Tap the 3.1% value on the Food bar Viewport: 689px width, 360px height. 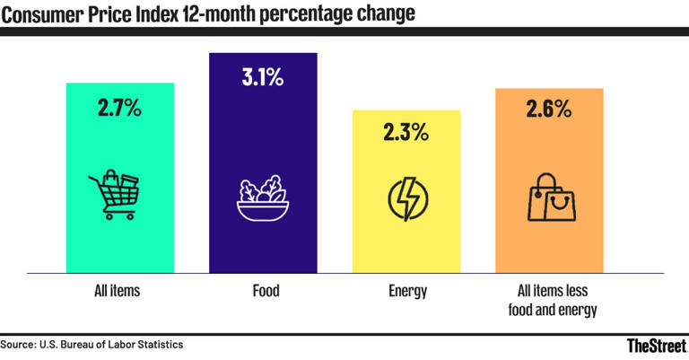point(262,77)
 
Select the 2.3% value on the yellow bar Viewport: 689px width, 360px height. point(406,136)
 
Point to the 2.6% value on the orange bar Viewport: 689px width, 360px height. point(549,110)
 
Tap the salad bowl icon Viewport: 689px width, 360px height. point(262,198)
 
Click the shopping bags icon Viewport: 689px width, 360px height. point(551,197)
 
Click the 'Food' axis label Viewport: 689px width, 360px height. point(263,291)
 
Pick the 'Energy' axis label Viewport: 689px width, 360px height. point(407,291)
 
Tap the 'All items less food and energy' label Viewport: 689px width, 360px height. point(549,300)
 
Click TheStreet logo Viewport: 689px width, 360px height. point(655,346)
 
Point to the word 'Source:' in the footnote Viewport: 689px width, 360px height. point(18,344)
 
